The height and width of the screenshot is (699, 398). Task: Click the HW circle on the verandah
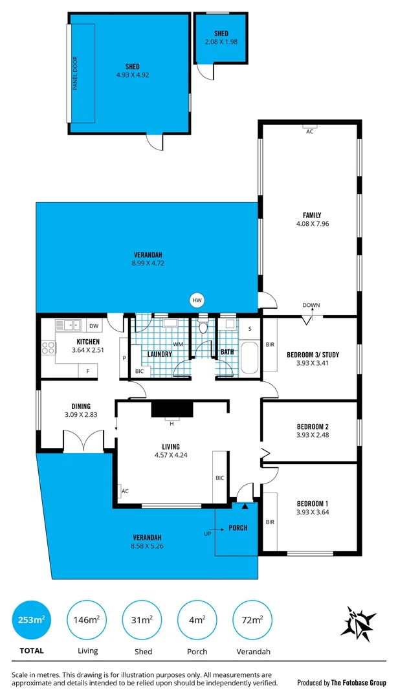(197, 300)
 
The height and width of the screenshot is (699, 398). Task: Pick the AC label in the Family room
(309, 131)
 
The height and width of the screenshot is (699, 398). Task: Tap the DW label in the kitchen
(93, 326)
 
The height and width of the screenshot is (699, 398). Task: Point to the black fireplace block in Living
(172, 409)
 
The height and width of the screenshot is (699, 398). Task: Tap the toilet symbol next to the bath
(204, 326)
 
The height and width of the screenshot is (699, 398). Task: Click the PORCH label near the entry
(238, 527)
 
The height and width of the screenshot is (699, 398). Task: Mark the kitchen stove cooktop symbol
(49, 348)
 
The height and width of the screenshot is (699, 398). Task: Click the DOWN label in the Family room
(311, 305)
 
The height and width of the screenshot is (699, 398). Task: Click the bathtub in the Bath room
(249, 359)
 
